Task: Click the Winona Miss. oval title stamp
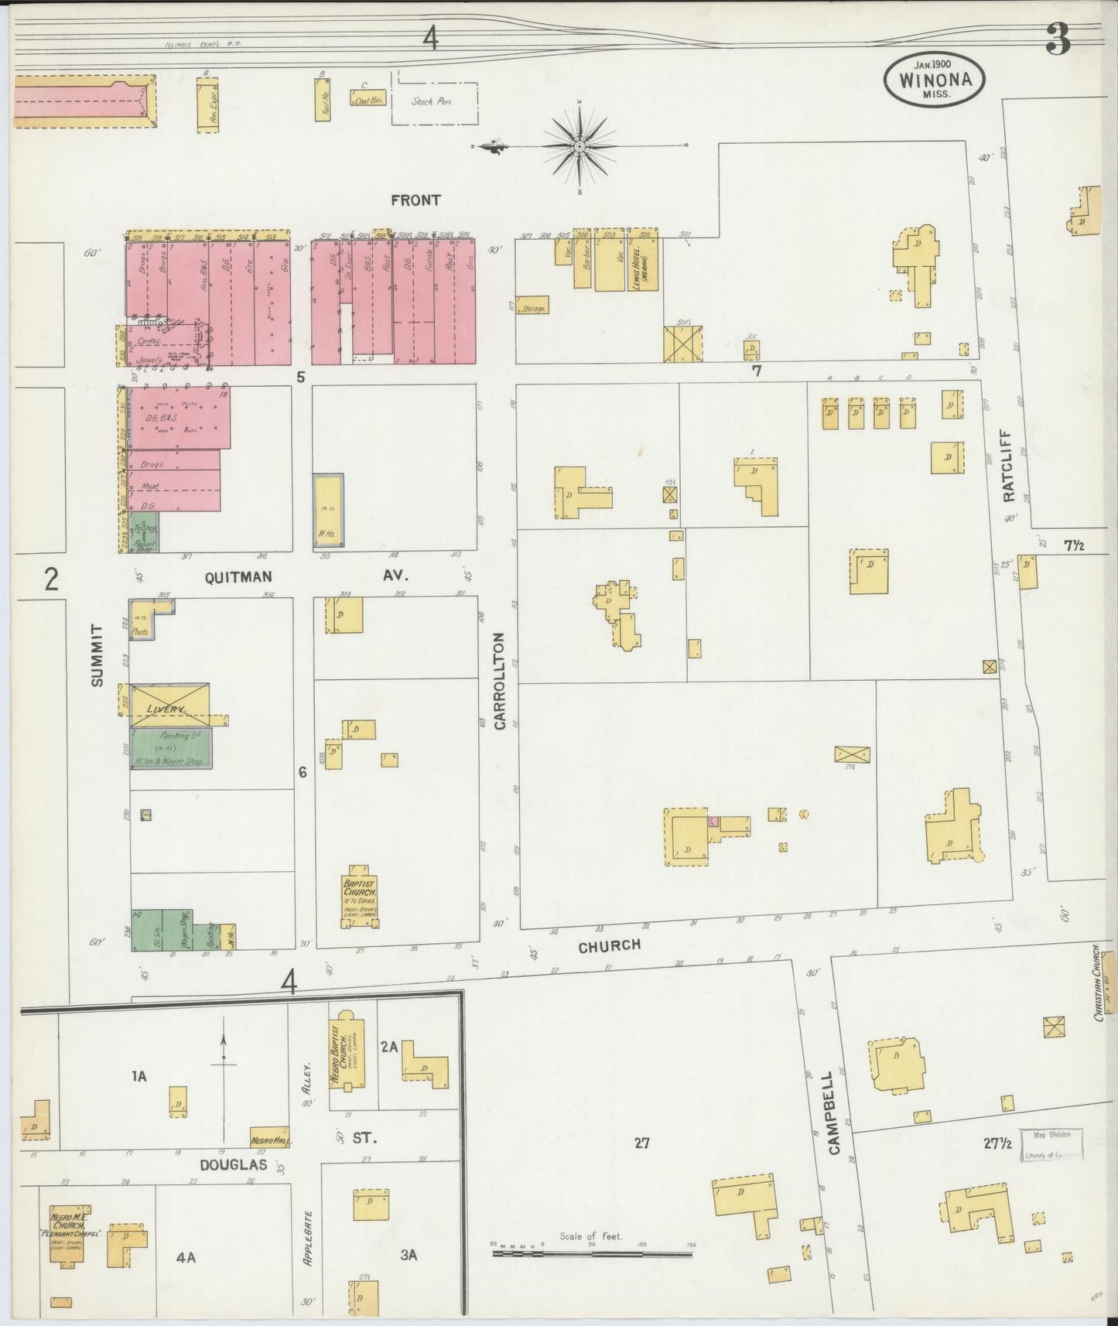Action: (935, 80)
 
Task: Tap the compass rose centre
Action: (580, 145)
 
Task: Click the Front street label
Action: (415, 200)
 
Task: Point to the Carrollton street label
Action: (499, 682)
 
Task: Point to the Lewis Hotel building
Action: (643, 261)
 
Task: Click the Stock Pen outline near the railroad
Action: (433, 101)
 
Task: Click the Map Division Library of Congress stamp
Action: (1051, 1144)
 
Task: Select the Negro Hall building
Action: (269, 1136)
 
